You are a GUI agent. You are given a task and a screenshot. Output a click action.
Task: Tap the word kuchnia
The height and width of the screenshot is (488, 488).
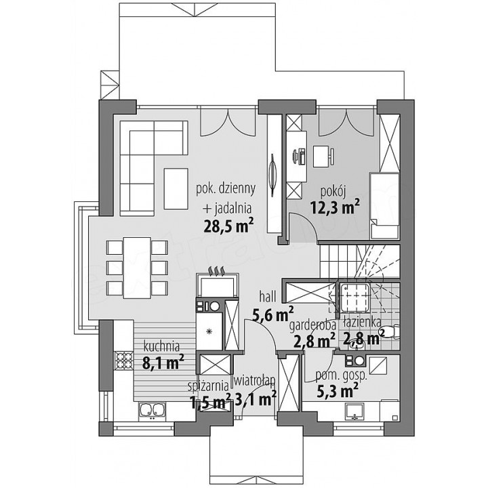161,347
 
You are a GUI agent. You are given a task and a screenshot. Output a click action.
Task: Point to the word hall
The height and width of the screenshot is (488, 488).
268,298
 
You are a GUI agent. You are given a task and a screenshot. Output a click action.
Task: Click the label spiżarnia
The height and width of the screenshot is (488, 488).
208,386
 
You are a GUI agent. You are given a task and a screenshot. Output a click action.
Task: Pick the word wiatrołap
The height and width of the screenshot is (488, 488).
254,381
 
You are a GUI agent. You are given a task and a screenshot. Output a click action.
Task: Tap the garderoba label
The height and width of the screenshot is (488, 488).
312,325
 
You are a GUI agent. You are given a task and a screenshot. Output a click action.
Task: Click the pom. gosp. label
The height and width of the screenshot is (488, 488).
342,376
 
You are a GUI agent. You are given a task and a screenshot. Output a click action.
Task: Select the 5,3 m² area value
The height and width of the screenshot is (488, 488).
337,391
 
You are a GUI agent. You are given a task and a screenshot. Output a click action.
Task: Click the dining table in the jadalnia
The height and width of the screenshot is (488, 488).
137,268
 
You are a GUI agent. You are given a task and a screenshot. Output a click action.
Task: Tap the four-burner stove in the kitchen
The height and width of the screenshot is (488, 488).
124,360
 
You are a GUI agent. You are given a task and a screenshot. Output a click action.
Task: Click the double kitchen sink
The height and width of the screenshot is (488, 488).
152,409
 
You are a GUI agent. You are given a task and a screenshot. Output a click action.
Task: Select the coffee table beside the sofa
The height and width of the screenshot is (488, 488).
176,188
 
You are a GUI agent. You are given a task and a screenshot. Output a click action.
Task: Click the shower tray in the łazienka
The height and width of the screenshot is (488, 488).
354,298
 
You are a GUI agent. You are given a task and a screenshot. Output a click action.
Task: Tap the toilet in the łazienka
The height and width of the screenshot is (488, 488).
392,332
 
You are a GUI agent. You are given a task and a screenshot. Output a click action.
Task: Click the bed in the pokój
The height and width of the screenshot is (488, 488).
385,206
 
